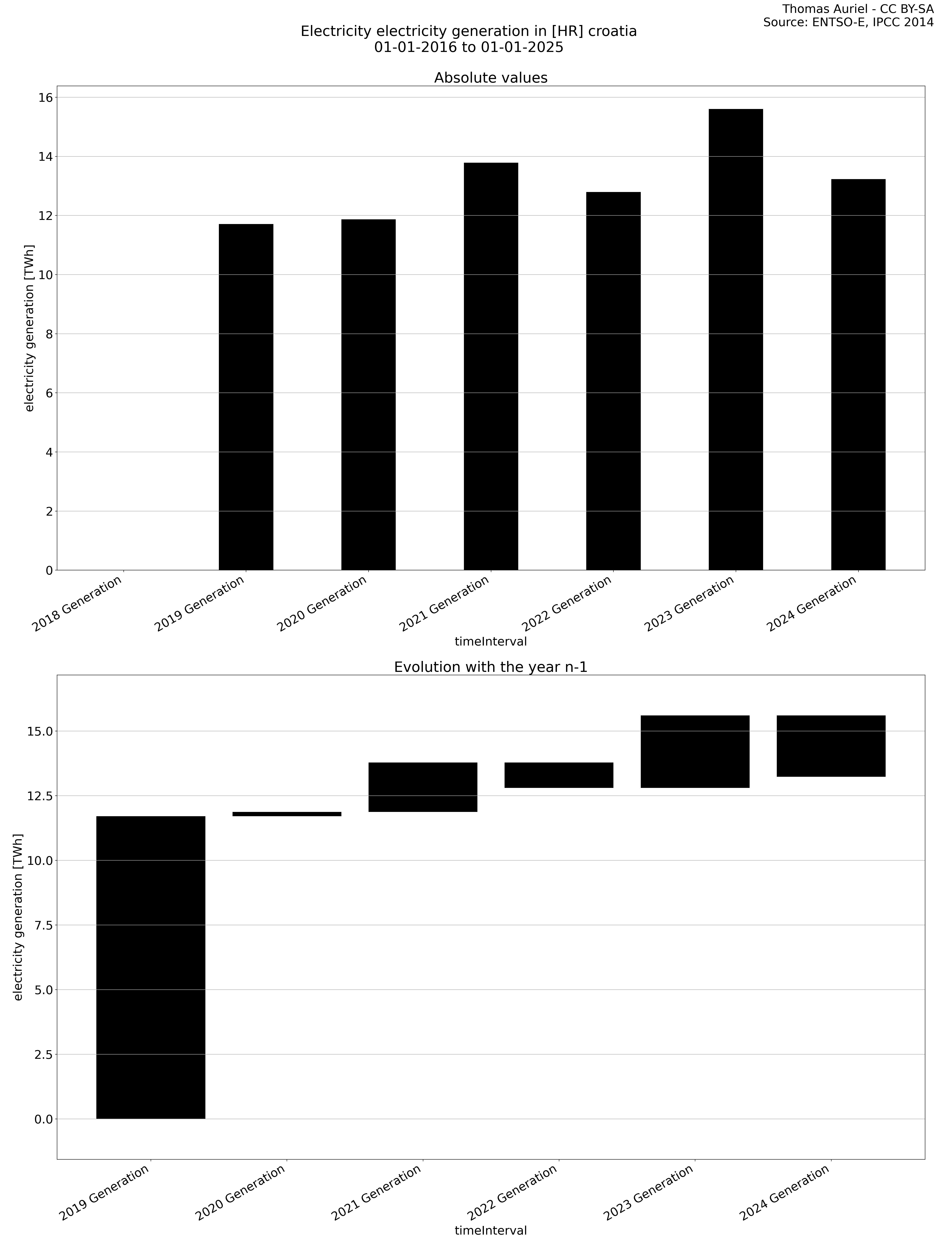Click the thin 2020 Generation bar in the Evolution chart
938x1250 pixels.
(287, 814)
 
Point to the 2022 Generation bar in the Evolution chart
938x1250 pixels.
(559, 775)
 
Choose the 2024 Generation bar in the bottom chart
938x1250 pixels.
(831, 746)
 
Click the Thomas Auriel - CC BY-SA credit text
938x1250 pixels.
(858, 9)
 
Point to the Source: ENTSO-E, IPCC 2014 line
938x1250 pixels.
(848, 23)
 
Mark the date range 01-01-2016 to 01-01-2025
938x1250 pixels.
(469, 47)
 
